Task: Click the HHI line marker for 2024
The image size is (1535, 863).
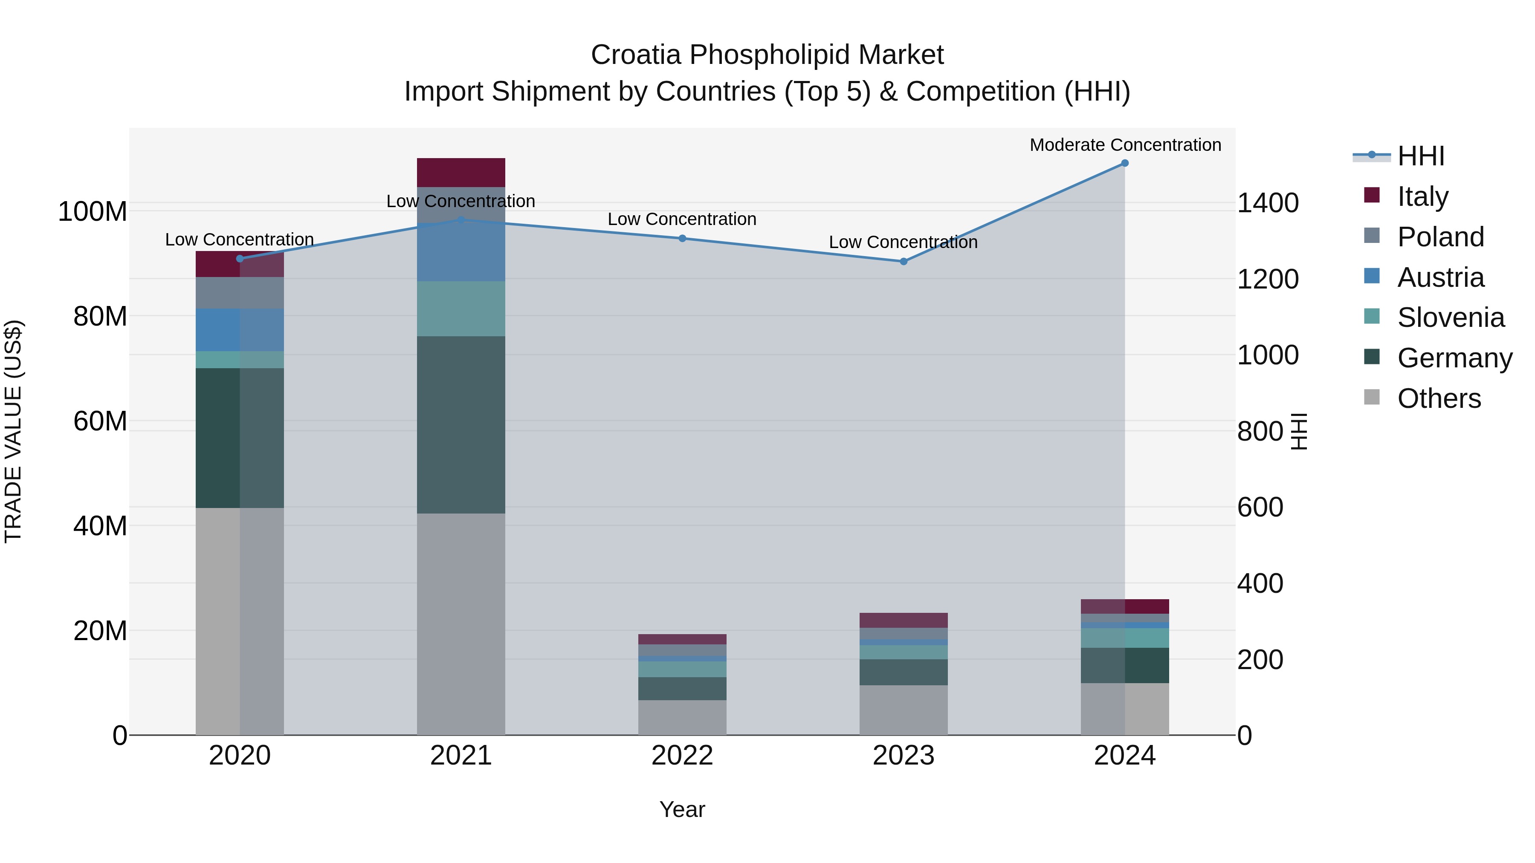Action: tap(1124, 163)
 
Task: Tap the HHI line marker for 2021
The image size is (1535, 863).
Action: tap(460, 220)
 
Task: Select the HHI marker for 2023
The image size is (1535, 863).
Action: tap(904, 262)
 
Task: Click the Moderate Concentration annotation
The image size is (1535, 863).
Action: tap(1125, 145)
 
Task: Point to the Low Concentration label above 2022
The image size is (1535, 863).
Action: tap(682, 219)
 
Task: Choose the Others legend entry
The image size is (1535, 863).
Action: tap(1439, 398)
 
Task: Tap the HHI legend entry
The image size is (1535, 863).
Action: tap(1421, 156)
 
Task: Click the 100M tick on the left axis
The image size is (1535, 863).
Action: tap(93, 211)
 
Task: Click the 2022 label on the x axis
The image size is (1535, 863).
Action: tap(682, 756)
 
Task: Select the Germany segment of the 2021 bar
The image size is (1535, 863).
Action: tap(460, 424)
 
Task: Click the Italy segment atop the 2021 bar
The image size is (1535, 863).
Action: tap(460, 173)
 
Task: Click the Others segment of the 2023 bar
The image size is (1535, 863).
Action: tap(904, 710)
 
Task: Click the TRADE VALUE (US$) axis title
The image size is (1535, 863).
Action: tap(13, 431)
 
